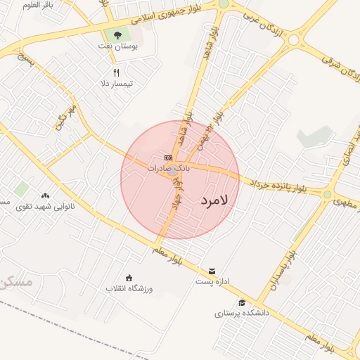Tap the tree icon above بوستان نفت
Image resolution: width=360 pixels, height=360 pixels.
pos(117,34)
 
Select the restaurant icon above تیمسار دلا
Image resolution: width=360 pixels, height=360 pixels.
pos(117,72)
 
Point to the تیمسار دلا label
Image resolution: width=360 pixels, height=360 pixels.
pos(117,84)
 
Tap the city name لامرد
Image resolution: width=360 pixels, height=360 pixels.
pos(214,201)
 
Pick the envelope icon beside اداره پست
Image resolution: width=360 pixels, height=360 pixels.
pos(212,271)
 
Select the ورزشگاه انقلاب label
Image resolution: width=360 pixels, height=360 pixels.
pos(129,288)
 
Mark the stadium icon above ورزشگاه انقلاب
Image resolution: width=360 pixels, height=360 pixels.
pos(129,277)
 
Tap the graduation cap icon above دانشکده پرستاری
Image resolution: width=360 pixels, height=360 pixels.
pos(243,302)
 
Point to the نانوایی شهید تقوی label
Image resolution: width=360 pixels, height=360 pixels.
pos(44,207)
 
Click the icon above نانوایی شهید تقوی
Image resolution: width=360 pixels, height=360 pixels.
pos(46,195)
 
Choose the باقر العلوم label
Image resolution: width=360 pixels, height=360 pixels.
pos(39,5)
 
